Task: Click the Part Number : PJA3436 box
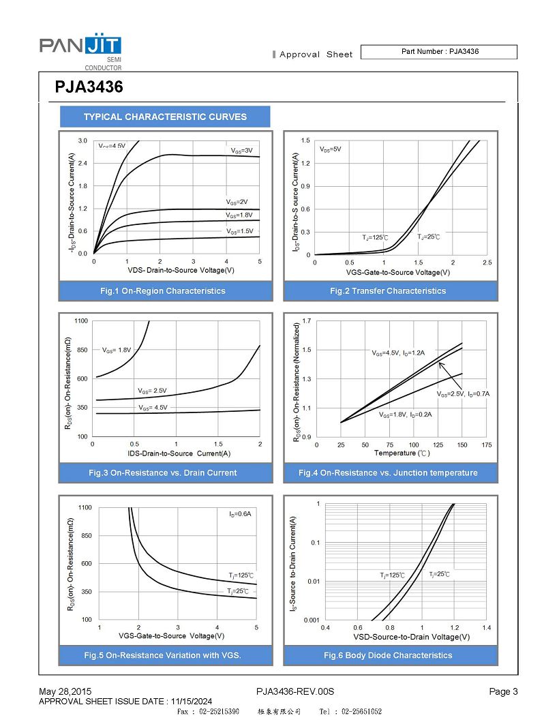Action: tap(438, 52)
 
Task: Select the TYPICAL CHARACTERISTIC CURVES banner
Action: tap(165, 117)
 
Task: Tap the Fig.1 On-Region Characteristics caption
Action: tap(162, 291)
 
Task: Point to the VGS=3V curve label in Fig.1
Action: tap(241, 150)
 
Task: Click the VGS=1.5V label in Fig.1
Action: tap(239, 231)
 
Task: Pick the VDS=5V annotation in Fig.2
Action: tap(331, 149)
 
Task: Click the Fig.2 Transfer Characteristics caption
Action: tap(388, 291)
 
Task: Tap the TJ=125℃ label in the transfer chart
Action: tap(375, 237)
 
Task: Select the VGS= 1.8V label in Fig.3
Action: tap(117, 350)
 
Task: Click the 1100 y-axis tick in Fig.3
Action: tap(81, 320)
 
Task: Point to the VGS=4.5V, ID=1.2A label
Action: tap(398, 353)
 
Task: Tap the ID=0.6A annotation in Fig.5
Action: tap(240, 513)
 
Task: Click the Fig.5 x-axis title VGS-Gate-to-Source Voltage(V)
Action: tap(172, 636)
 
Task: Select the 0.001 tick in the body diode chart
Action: tap(311, 620)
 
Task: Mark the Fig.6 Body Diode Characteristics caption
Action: tap(388, 655)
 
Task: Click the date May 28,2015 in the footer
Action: tap(65, 692)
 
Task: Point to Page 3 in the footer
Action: tap(503, 692)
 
